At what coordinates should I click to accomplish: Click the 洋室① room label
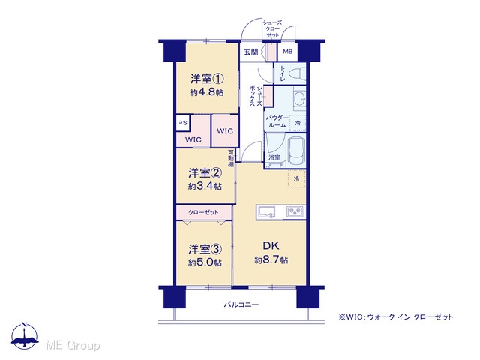tap(207, 79)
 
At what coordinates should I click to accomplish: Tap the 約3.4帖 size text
tap(205, 187)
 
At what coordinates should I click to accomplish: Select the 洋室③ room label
tap(205, 249)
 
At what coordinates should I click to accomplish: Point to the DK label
tap(271, 245)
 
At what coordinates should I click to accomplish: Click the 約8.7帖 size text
tap(271, 260)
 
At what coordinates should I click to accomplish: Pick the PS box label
tap(183, 123)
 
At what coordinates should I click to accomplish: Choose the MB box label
tap(287, 52)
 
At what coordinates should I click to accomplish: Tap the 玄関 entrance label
tap(250, 52)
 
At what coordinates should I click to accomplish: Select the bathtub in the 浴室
tap(297, 151)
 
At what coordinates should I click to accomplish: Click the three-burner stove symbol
tap(295, 211)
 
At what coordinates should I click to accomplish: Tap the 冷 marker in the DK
tap(296, 179)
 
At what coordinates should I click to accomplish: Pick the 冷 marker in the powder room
tap(297, 123)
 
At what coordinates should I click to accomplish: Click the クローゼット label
tap(203, 212)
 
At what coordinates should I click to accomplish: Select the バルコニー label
tap(241, 304)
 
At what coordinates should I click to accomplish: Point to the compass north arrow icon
tap(25, 336)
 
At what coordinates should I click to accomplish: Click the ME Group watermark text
tap(73, 345)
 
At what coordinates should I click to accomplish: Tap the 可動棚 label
tap(231, 158)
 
